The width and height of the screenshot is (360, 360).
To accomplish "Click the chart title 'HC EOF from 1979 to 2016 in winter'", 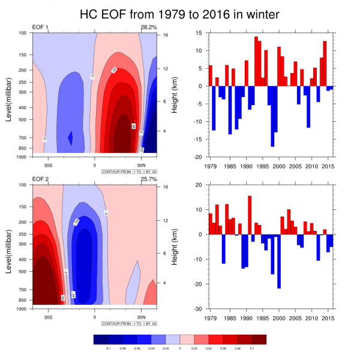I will [179, 13].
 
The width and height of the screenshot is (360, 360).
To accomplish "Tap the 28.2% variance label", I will [148, 28].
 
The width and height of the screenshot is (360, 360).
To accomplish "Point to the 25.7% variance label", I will [148, 179].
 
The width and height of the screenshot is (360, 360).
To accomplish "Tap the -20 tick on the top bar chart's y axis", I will [197, 157].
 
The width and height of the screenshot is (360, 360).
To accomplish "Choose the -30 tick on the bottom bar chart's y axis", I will [197, 308].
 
